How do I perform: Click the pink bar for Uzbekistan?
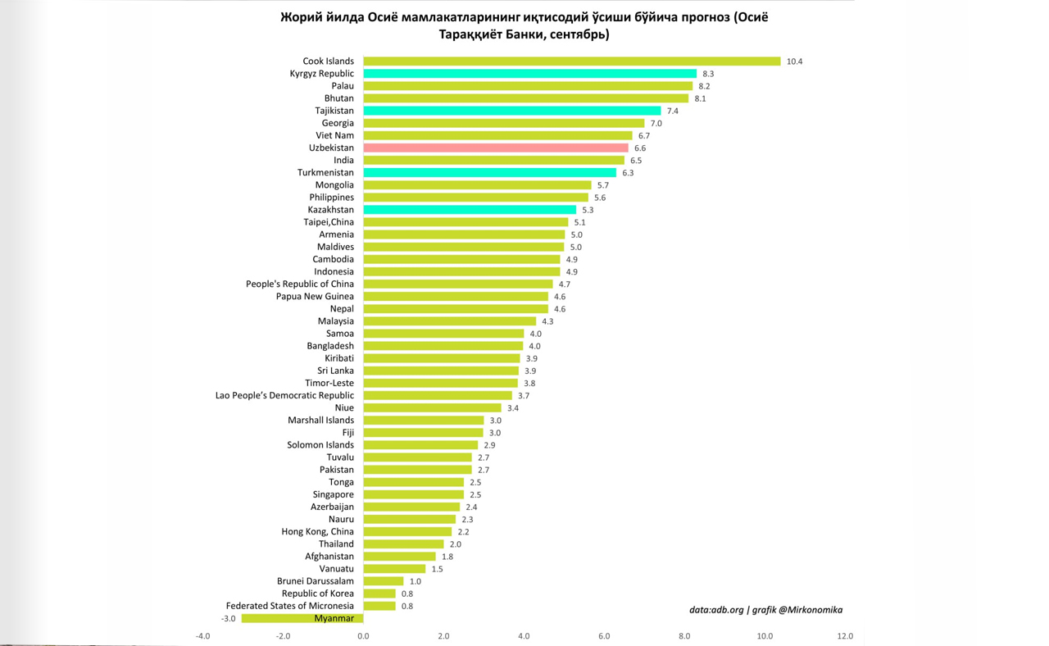pyautogui.click(x=495, y=148)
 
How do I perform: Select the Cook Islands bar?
pyautogui.click(x=571, y=61)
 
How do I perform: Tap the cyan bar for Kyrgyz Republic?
pyautogui.click(x=529, y=74)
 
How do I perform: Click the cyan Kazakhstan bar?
pyautogui.click(x=470, y=210)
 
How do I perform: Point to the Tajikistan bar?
pyautogui.click(x=511, y=111)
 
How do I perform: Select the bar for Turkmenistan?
pyautogui.click(x=489, y=173)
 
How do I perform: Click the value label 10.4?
pyautogui.click(x=794, y=61)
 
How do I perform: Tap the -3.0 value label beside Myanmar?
pyautogui.click(x=228, y=619)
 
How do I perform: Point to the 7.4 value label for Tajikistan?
pyautogui.click(x=673, y=111)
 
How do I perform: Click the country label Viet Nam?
pyautogui.click(x=334, y=135)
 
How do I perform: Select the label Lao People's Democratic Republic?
pyautogui.click(x=284, y=395)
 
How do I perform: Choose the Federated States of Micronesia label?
pyautogui.click(x=290, y=606)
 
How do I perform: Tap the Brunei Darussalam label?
pyautogui.click(x=316, y=581)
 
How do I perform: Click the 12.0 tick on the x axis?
pyautogui.click(x=845, y=636)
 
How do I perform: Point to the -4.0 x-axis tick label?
pyautogui.click(x=202, y=636)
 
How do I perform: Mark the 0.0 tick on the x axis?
pyautogui.click(x=363, y=636)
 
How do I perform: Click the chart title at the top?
pyautogui.click(x=524, y=25)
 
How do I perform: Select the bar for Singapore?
pyautogui.click(x=413, y=494)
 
